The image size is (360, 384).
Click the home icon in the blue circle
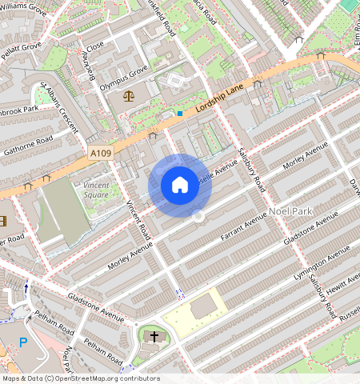(x=180, y=186)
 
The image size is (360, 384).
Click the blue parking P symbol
(x=23, y=342)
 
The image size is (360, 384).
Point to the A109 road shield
(x=100, y=152)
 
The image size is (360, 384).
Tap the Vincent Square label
(x=96, y=190)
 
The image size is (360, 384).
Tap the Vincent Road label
(x=138, y=220)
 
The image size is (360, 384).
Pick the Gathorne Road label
(x=27, y=144)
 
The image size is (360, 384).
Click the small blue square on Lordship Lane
(x=180, y=114)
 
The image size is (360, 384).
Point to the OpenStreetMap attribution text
(x=81, y=378)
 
